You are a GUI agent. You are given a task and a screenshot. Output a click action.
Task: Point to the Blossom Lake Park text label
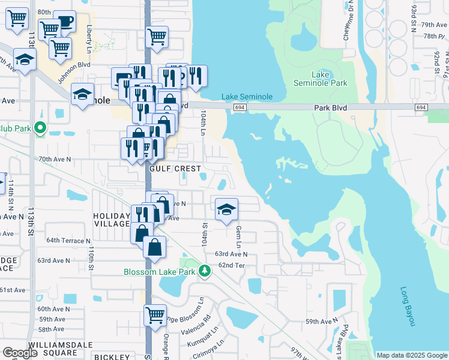point(160,272)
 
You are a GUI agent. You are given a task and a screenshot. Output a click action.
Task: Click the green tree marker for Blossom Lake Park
point(205,271)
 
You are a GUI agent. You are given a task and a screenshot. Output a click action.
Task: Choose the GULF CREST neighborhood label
point(175,169)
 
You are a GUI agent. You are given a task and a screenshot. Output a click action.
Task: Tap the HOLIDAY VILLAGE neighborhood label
point(111,220)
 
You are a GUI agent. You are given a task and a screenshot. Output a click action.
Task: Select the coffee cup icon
point(64,22)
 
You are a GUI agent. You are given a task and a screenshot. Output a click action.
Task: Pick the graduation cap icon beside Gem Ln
point(226,209)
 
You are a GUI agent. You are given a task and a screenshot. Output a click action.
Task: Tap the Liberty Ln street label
point(89,38)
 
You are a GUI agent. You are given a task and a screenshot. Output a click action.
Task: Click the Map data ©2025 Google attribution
point(411,355)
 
